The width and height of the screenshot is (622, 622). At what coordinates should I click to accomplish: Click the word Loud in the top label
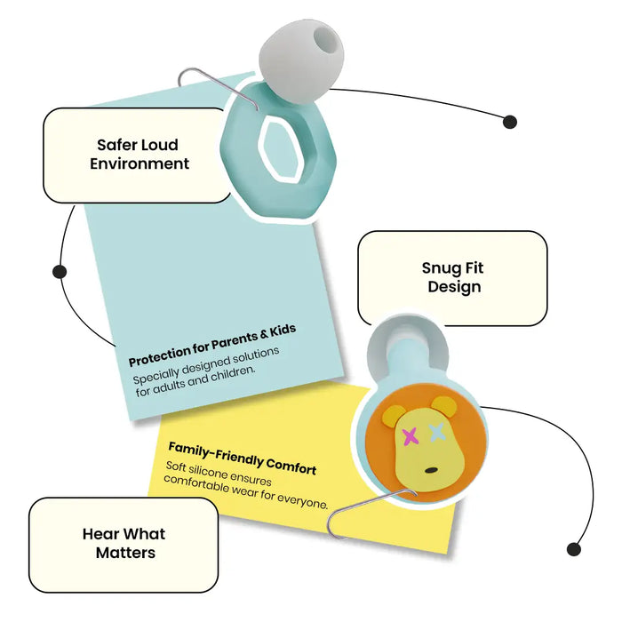(160, 145)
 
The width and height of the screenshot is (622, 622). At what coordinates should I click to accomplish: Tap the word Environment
(140, 163)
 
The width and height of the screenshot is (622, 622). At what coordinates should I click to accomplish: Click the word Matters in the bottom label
(125, 553)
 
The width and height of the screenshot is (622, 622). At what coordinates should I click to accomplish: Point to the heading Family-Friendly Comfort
(243, 459)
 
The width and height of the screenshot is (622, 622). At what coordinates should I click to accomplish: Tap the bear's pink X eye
(411, 437)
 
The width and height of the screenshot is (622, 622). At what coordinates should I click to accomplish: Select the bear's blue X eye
(436, 432)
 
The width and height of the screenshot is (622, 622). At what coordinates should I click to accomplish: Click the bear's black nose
(431, 470)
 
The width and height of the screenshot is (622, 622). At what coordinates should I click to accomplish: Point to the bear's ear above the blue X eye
(444, 406)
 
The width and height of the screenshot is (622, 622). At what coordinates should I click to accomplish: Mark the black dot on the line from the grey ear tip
(510, 122)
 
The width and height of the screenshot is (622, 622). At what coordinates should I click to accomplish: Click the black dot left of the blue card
(60, 272)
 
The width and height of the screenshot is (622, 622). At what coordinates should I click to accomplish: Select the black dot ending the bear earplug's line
(574, 549)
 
